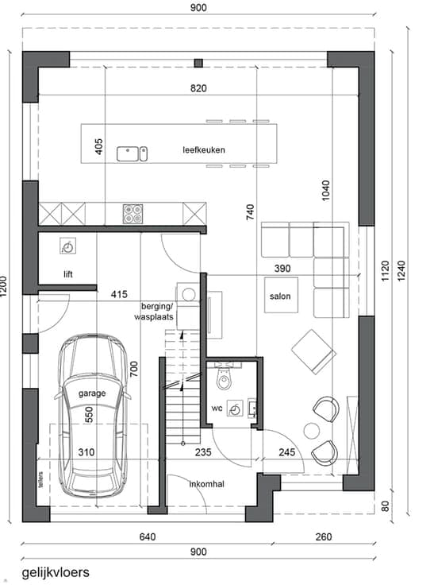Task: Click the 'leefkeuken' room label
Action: [x=204, y=150]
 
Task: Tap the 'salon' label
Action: [x=280, y=296]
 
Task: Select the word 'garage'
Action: [x=92, y=393]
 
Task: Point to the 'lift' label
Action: [x=67, y=274]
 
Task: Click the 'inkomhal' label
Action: [x=207, y=484]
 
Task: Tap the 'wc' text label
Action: [x=217, y=409]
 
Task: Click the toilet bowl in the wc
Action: [x=224, y=378]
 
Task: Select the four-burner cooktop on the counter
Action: [x=133, y=214]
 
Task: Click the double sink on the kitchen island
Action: [x=133, y=153]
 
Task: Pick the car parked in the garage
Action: [x=92, y=415]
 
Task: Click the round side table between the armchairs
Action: [x=312, y=431]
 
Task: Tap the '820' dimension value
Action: [x=198, y=88]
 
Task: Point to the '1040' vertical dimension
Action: [x=325, y=191]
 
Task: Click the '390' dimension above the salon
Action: [x=282, y=268]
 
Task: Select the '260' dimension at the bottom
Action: [x=324, y=537]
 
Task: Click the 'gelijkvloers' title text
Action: [x=56, y=573]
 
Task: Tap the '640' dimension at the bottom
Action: [x=148, y=537]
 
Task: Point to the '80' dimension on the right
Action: [x=386, y=506]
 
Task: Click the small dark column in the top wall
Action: [x=198, y=63]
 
